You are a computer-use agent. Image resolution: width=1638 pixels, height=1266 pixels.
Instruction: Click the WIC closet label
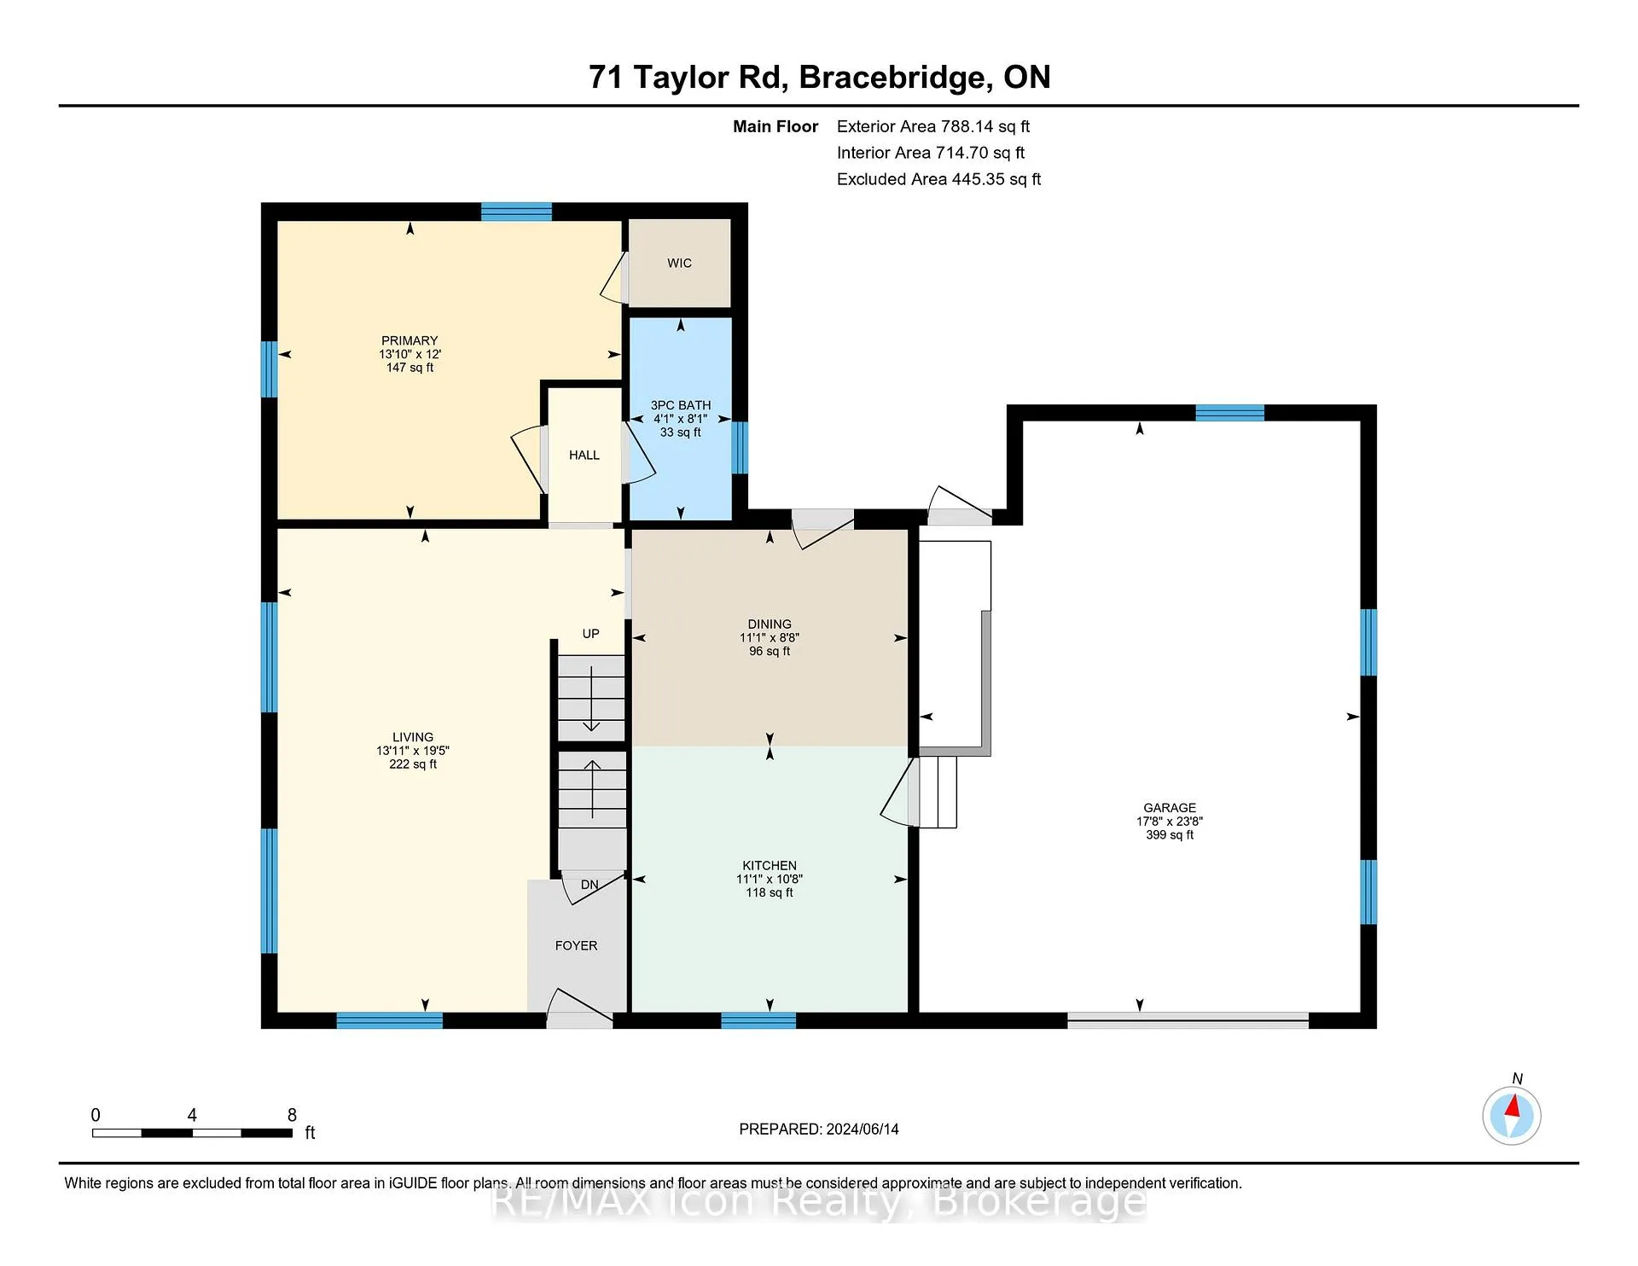click(x=679, y=263)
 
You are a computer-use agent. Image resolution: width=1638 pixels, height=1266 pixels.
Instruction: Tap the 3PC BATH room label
click(x=681, y=405)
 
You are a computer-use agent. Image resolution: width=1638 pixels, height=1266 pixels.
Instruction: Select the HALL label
click(x=584, y=455)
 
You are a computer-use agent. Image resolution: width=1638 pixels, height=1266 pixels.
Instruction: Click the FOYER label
click(x=576, y=945)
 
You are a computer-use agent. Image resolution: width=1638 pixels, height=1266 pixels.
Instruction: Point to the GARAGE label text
click(x=1170, y=807)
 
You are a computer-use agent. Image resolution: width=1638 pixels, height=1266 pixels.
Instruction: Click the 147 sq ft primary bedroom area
click(x=409, y=368)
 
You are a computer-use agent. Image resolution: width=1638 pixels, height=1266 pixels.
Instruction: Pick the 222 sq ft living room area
click(x=413, y=764)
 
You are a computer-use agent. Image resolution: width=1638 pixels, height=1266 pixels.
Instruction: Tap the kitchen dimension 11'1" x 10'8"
click(x=770, y=879)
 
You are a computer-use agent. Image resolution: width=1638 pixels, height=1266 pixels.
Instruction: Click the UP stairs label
click(x=590, y=634)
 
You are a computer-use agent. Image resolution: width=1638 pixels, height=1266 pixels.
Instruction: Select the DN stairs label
click(x=590, y=885)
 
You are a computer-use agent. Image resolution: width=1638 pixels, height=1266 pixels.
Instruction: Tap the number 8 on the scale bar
click(x=292, y=1115)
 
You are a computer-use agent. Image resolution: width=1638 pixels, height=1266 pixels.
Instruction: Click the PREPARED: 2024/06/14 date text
click(x=819, y=1129)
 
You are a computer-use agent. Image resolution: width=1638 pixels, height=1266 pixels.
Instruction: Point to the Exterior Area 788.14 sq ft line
click(x=933, y=126)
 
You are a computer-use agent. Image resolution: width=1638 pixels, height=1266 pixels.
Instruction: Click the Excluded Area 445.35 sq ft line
click(x=938, y=179)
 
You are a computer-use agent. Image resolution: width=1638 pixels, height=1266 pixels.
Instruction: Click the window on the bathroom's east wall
click(x=740, y=447)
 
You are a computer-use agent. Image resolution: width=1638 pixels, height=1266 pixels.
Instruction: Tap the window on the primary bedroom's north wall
click(x=516, y=212)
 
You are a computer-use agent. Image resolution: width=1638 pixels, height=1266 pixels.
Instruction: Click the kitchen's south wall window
click(x=758, y=1020)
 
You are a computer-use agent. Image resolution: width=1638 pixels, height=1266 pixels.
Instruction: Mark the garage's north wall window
click(x=1229, y=413)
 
